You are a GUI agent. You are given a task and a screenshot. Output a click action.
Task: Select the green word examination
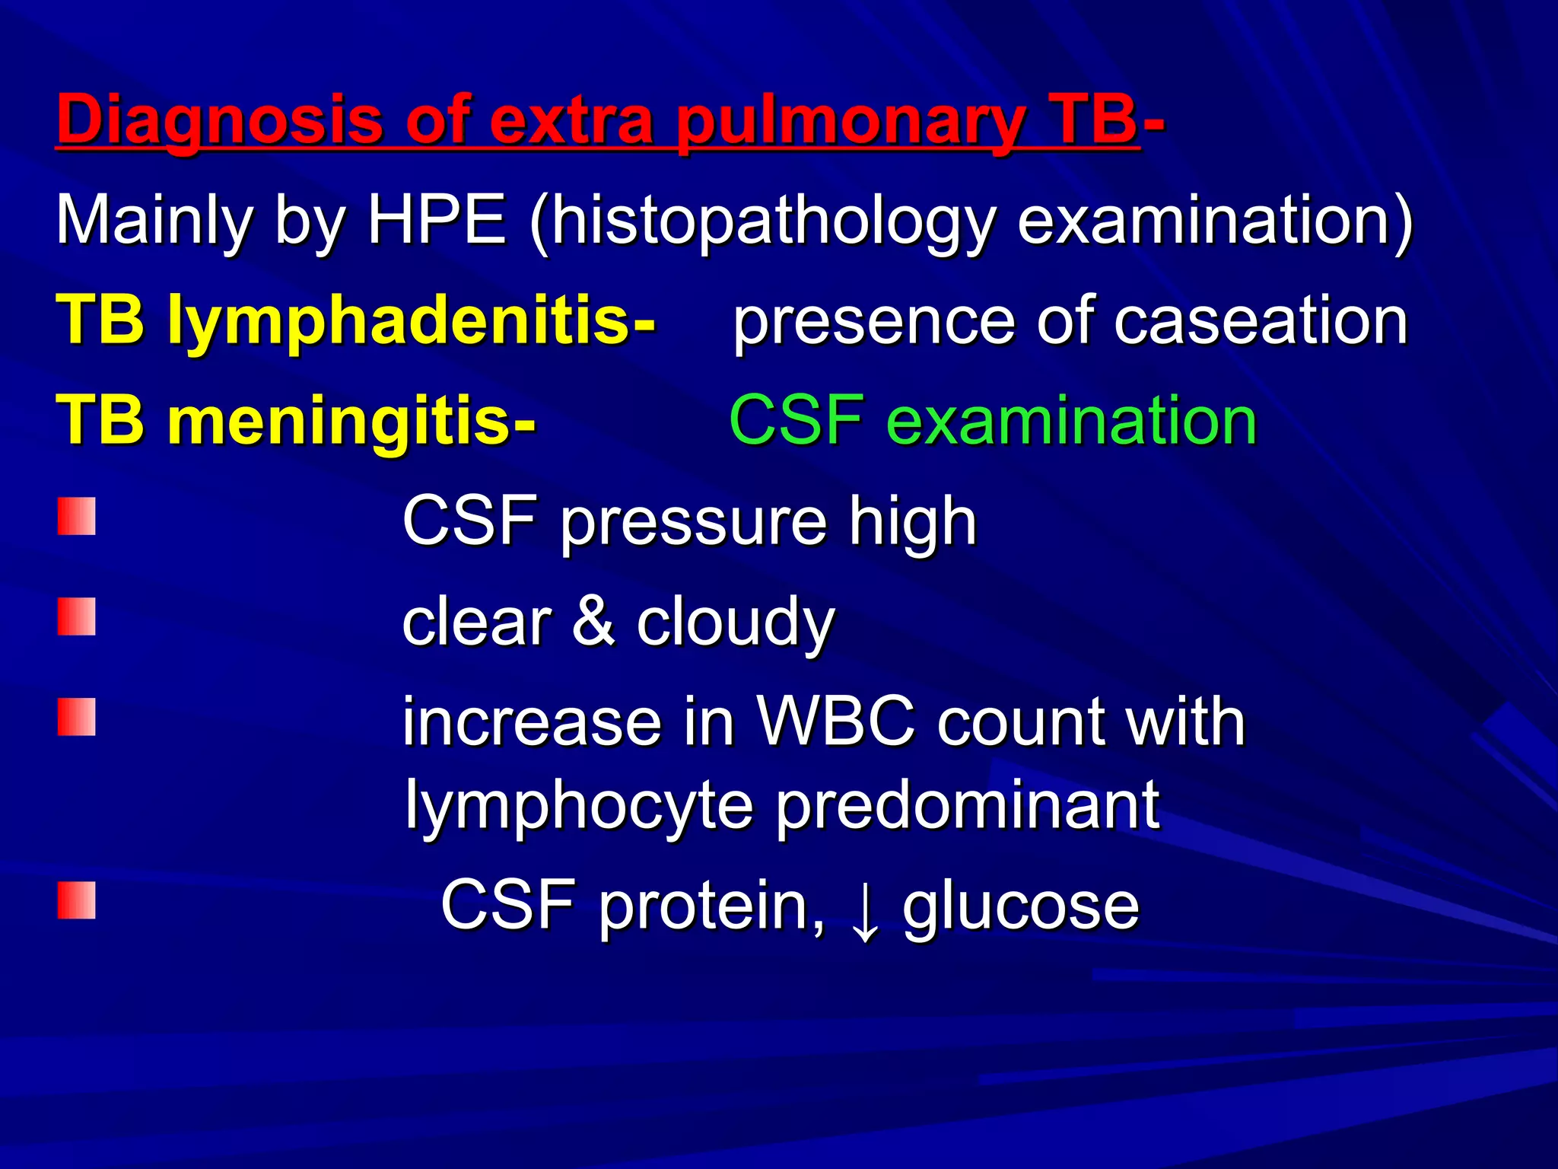tap(1072, 421)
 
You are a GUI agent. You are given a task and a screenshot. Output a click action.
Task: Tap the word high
tap(913, 522)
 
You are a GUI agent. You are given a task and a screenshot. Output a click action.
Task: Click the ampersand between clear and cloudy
tap(593, 622)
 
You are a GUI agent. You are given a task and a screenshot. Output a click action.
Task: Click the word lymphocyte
tap(578, 806)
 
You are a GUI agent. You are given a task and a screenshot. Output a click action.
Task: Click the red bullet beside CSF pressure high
tap(77, 517)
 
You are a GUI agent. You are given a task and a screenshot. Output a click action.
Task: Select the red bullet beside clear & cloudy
tap(77, 616)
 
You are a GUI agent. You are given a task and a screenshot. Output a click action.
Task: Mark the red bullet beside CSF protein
tap(77, 900)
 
